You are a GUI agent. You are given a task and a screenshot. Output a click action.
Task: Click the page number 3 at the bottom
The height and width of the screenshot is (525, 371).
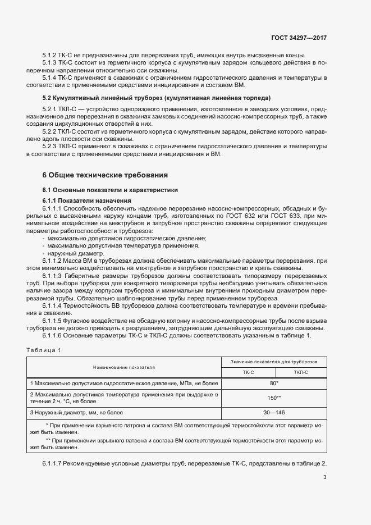324,477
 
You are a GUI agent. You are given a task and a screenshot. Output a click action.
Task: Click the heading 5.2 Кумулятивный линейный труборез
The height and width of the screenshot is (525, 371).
157,98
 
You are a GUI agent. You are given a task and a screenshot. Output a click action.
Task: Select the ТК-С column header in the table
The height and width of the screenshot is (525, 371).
248,372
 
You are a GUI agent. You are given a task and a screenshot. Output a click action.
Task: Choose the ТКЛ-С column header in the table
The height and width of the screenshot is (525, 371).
301,372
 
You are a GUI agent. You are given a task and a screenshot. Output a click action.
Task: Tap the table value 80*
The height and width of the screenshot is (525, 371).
274,383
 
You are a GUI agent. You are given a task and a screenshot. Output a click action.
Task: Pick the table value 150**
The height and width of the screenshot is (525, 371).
274,398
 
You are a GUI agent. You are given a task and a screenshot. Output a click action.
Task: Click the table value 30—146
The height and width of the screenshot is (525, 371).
274,413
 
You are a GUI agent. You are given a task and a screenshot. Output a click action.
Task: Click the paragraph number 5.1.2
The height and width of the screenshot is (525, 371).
49,55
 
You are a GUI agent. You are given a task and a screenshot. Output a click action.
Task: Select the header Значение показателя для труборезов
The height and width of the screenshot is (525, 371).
274,361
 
